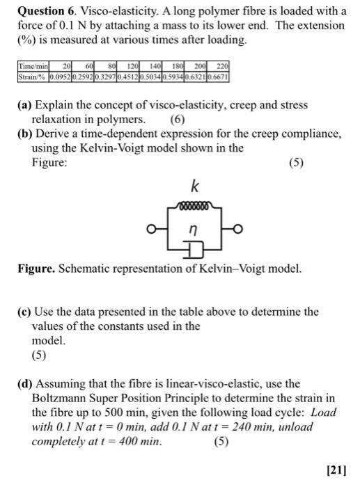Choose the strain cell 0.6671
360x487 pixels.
219,74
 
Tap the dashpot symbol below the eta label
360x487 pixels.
194,248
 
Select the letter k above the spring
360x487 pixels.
195,188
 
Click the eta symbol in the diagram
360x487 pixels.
194,227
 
